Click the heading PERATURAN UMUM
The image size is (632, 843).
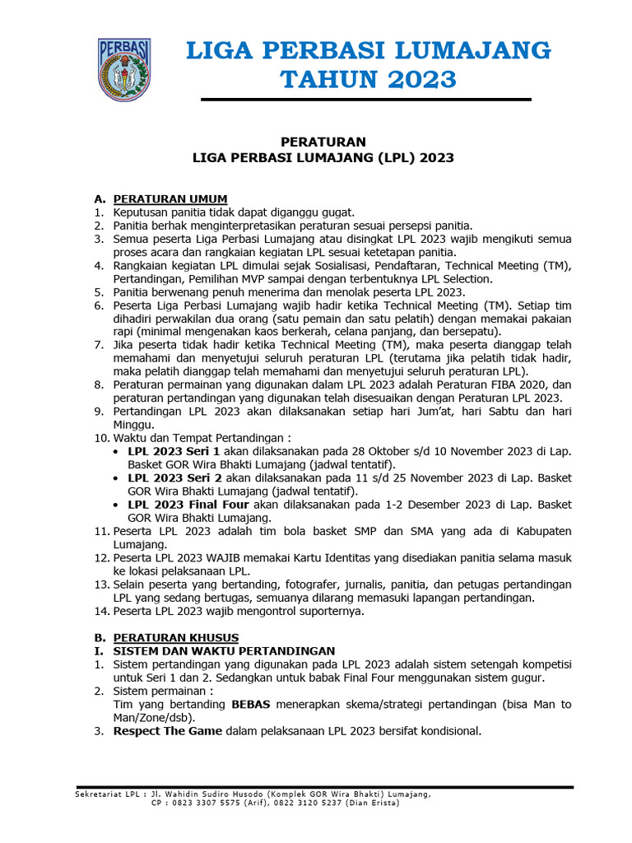click(x=170, y=199)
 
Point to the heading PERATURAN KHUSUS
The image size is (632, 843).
click(x=175, y=637)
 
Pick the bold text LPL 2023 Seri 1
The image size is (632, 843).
click(x=174, y=452)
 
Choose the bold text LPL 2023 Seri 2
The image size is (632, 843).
click(x=174, y=478)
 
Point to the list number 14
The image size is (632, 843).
click(x=101, y=612)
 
